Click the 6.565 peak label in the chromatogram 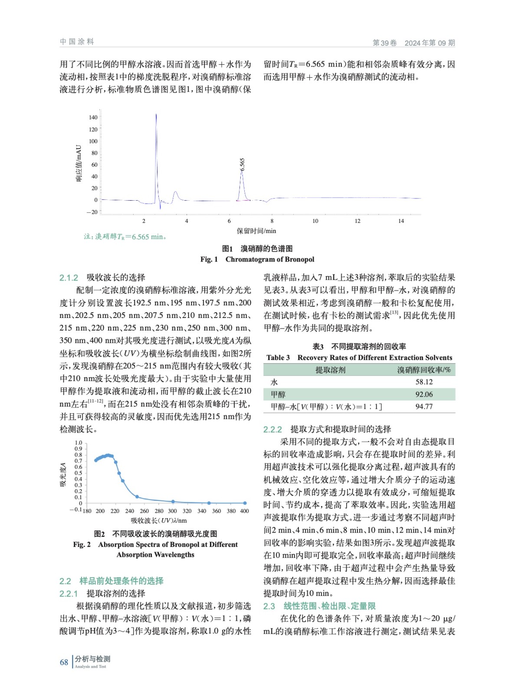tap(243, 164)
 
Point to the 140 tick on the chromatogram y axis tap(93, 117)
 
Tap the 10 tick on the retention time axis tap(315, 221)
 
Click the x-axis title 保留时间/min tap(256, 231)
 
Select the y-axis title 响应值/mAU tap(79, 163)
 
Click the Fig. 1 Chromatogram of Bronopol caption tap(257, 259)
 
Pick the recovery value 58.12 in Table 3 tap(424, 382)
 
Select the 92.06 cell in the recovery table tap(424, 394)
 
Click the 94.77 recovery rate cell tap(424, 407)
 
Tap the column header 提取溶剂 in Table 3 tap(330, 370)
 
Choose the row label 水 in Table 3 tap(274, 382)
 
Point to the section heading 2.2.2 tap(272, 430)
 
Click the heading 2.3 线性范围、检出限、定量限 tap(319, 606)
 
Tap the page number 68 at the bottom tap(64, 662)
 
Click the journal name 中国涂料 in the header tap(77, 42)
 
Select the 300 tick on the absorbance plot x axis tap(172, 511)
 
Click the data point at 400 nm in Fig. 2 tap(245, 503)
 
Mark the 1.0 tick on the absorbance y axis tap(78, 443)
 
